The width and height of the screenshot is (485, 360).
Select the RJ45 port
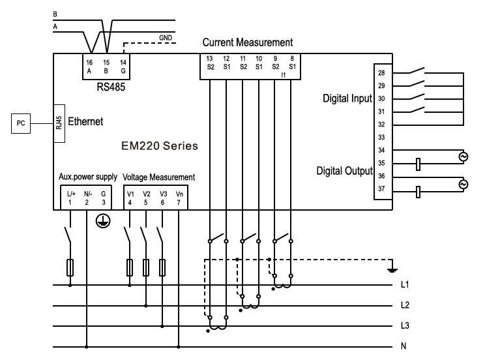58,122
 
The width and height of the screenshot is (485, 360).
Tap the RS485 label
106,85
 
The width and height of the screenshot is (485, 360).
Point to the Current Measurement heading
247,42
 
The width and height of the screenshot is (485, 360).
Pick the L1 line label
405,285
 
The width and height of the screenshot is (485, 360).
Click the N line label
404,346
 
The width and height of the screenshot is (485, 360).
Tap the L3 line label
405,325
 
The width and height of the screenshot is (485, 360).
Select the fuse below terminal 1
70,267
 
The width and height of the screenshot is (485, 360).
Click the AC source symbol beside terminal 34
463,157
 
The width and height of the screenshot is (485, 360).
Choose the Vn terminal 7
180,198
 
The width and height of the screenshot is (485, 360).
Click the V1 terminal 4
130,198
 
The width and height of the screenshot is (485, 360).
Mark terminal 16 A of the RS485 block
90,65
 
